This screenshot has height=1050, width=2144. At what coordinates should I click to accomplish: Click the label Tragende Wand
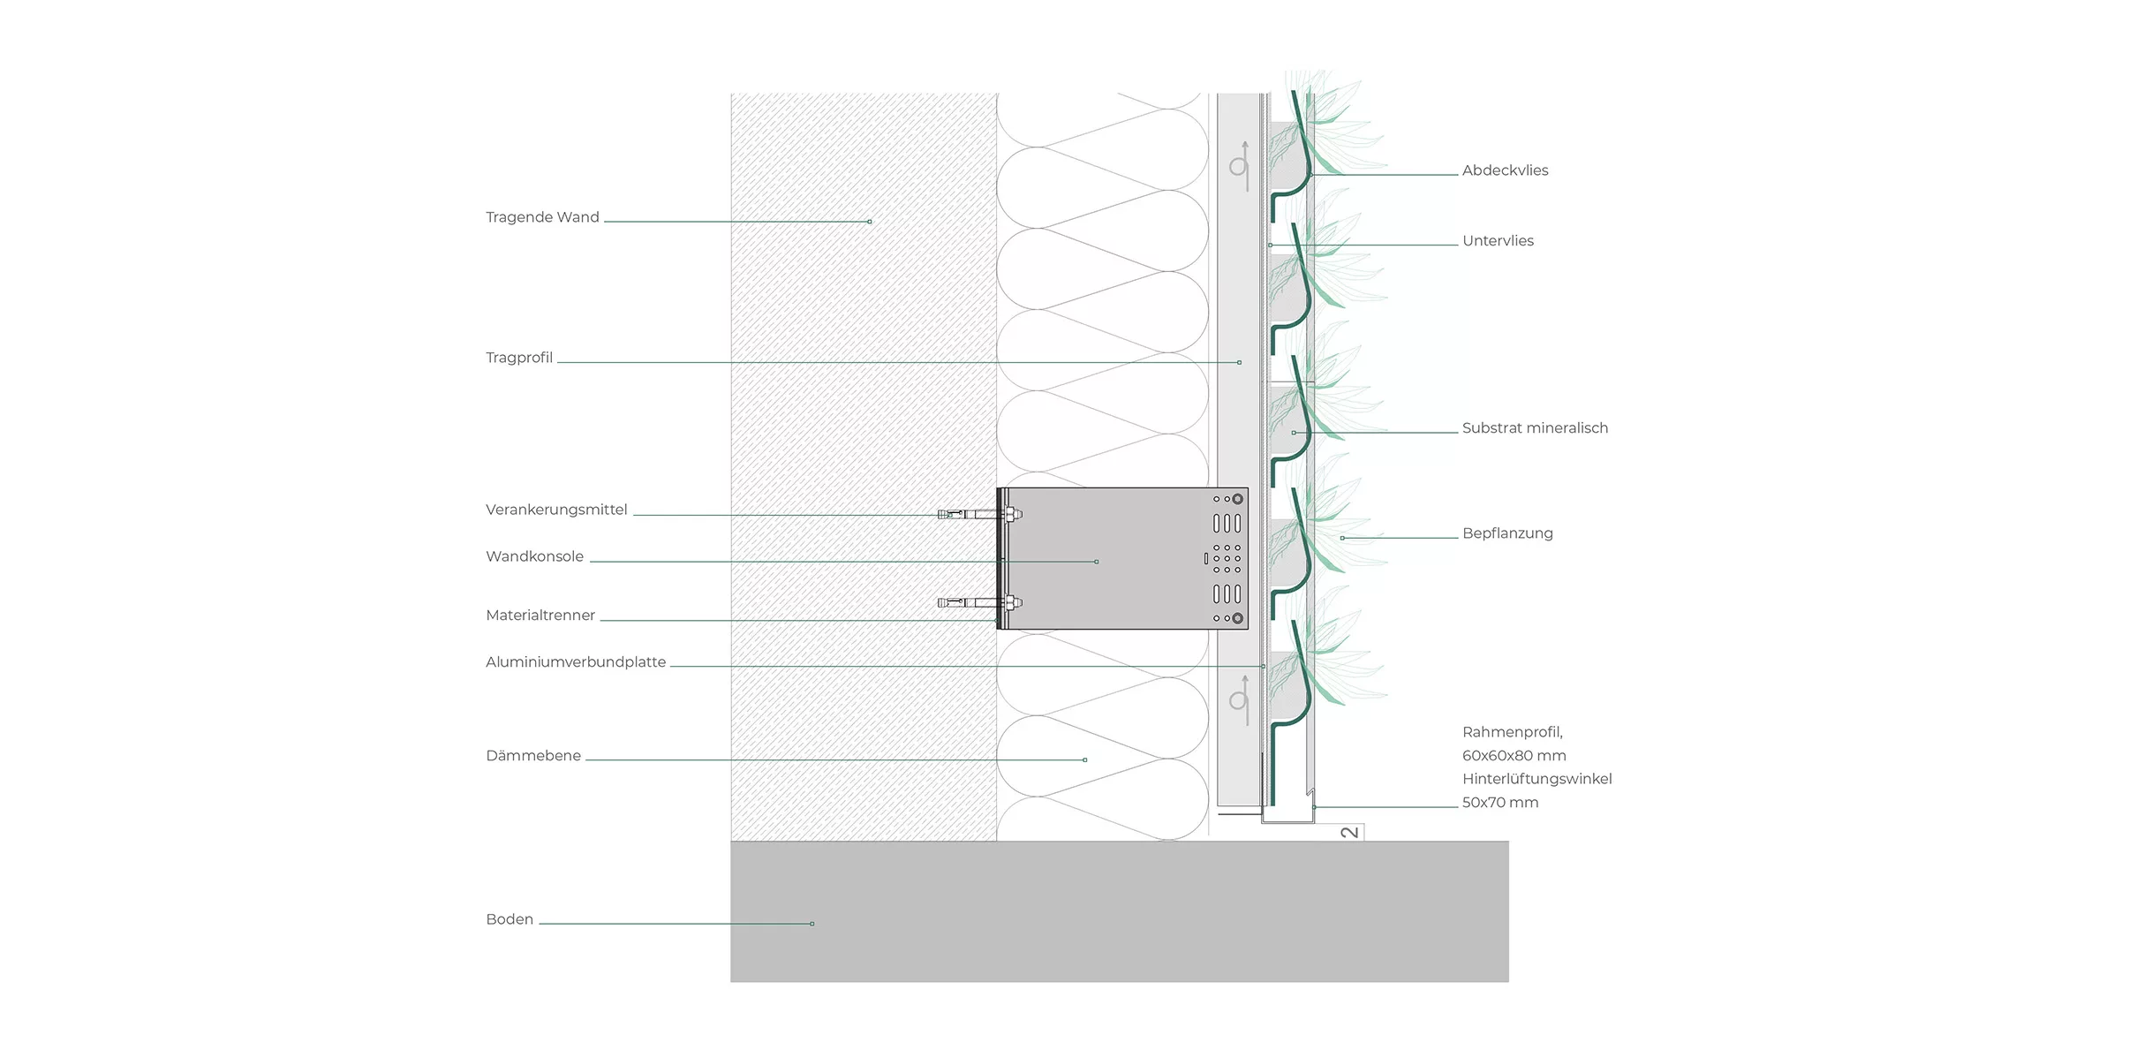542,217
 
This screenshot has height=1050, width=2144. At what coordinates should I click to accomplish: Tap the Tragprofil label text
519,358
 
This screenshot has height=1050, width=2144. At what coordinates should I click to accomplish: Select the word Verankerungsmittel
556,510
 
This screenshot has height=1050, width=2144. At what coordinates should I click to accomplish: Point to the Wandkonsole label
534,556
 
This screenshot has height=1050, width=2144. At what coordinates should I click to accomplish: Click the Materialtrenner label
540,616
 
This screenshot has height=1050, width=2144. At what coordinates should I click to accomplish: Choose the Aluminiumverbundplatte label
576,662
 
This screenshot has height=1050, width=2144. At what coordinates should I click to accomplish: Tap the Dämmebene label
533,756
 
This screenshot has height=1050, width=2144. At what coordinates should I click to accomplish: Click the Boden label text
510,919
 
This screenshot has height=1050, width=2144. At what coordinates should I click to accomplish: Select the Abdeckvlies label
1505,170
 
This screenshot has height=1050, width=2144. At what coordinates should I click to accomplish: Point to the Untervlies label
1498,241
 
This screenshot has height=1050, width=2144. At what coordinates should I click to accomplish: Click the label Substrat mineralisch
1535,428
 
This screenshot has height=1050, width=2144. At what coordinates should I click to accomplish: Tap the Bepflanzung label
1507,533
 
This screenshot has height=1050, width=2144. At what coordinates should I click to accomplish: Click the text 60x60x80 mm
1514,756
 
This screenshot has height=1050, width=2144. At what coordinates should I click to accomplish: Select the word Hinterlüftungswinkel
1536,779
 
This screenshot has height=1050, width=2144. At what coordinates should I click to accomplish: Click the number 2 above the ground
1350,832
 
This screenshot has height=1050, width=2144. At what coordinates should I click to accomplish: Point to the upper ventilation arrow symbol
1241,165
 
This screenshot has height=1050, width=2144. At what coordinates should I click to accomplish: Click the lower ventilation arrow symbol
1241,700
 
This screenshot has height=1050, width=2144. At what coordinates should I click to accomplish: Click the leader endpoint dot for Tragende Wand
870,222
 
